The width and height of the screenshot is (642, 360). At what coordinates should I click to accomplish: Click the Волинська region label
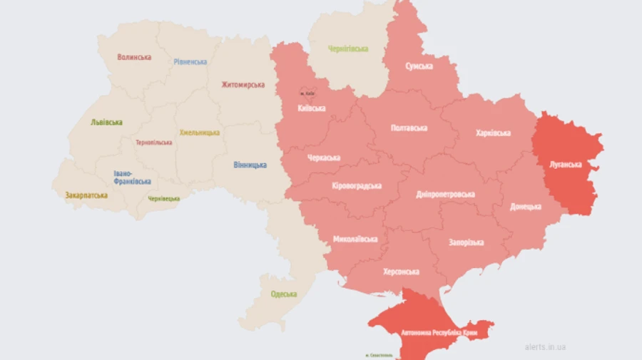[x=134, y=57]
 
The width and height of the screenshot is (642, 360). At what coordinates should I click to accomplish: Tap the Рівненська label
[x=190, y=61]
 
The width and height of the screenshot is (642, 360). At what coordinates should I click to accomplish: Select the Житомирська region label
[x=243, y=85]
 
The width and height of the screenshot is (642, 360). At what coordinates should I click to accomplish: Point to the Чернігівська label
[x=348, y=48]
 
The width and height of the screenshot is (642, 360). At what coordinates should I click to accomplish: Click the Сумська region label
[x=419, y=66]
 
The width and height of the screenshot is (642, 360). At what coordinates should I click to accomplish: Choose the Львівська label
[x=106, y=122]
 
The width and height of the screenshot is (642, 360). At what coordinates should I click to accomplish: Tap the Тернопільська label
[x=154, y=142]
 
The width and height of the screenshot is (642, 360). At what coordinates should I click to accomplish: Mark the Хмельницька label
[x=199, y=133]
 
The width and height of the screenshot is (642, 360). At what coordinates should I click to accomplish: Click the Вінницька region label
[x=250, y=165]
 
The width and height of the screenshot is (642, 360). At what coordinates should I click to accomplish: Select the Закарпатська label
[x=86, y=195]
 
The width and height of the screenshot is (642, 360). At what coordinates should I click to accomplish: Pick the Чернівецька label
[x=164, y=198]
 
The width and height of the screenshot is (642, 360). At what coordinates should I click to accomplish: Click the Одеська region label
[x=284, y=294]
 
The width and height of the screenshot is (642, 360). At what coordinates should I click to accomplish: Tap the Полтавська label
[x=409, y=128]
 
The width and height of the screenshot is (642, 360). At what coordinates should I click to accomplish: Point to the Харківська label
[x=493, y=133]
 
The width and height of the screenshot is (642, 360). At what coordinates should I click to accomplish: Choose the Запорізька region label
[x=466, y=242]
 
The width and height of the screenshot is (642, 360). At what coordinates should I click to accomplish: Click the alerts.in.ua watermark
[x=545, y=346]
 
